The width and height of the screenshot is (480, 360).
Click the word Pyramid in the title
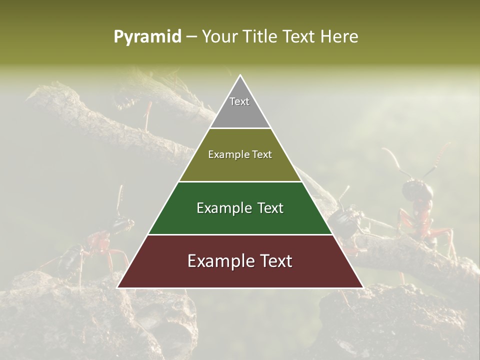(x=147, y=37)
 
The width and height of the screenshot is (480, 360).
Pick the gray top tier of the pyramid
(x=240, y=107)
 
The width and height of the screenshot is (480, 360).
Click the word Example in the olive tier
(x=226, y=154)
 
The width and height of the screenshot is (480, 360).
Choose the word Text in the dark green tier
(x=267, y=208)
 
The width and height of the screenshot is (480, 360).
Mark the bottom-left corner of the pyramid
(x=118, y=287)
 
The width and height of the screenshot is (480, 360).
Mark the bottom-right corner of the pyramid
(x=362, y=287)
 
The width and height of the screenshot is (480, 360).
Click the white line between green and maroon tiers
(x=240, y=234)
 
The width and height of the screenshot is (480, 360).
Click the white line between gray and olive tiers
(x=240, y=128)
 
